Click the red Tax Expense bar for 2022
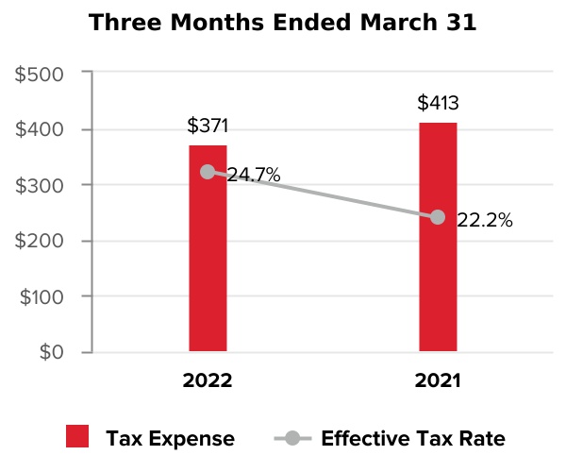[x=208, y=264]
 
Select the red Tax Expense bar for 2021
[x=438, y=283]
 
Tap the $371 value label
[x=208, y=126]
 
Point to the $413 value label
[x=438, y=103]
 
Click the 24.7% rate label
[x=253, y=175]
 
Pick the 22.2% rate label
[x=484, y=221]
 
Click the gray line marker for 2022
[x=208, y=172]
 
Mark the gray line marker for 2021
[x=438, y=217]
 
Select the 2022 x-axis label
[x=208, y=381]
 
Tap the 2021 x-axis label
[x=438, y=381]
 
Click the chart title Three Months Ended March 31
[x=282, y=23]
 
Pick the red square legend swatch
[x=77, y=437]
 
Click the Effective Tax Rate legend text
[x=413, y=438]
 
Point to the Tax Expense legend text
[x=170, y=438]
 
